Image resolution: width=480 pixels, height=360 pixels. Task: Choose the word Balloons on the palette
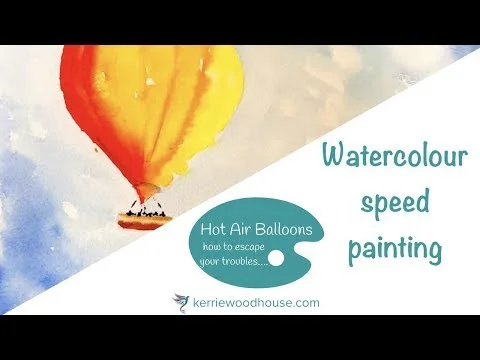pos(287,230)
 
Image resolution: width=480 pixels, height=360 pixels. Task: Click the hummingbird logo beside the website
pos(181,300)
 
